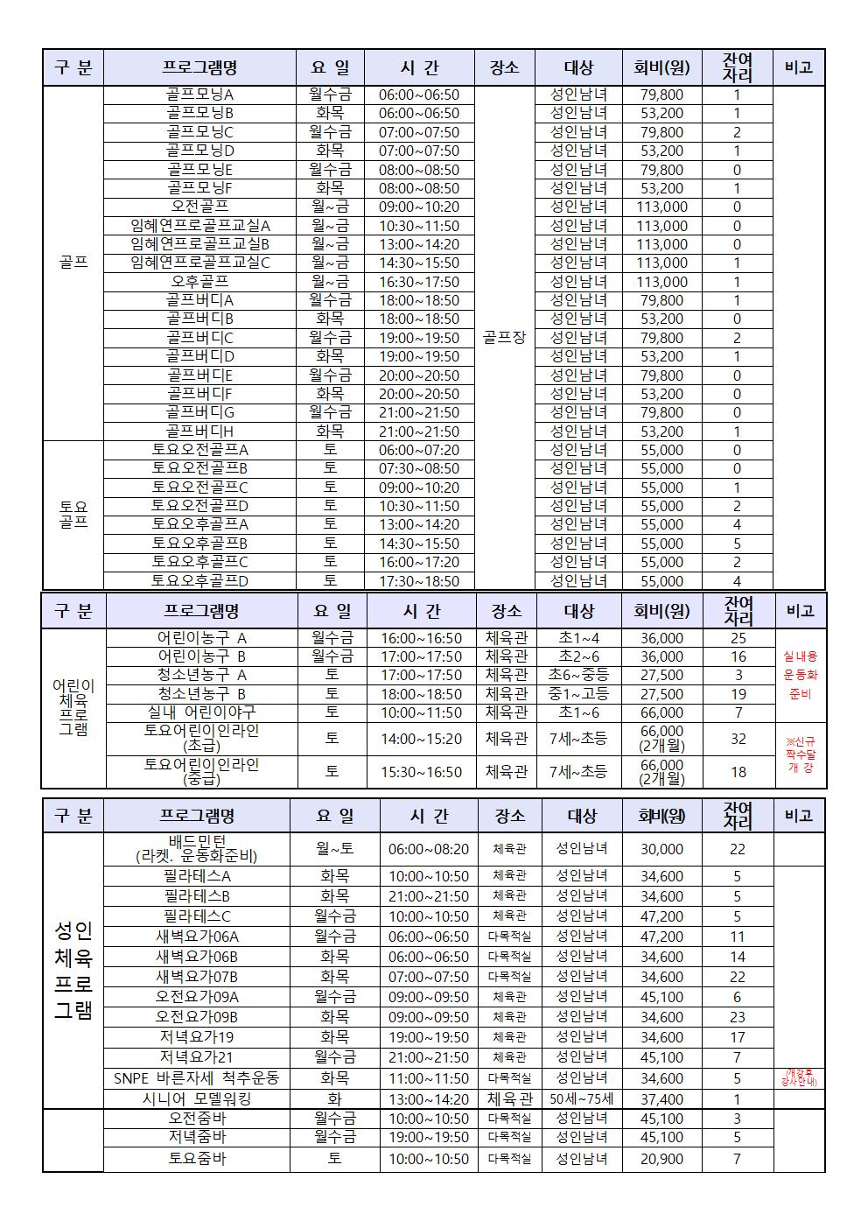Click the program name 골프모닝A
[199, 95]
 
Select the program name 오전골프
[199, 207]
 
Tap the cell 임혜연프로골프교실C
[199, 263]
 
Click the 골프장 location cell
[504, 337]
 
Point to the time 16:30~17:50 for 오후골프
[418, 282]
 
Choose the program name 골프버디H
[199, 431]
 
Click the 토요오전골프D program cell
[199, 506]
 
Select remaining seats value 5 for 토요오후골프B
[737, 543]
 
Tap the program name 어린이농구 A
[201, 638]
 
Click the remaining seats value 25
[738, 638]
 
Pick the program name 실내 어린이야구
[201, 712]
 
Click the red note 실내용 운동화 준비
[800, 675]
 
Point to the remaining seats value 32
[738, 739]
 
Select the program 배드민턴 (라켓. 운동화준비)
[197, 849]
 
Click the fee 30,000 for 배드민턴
[661, 849]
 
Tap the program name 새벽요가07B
[197, 977]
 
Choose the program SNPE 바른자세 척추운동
[197, 1078]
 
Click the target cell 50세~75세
[582, 1098]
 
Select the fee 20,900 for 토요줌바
[661, 1159]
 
